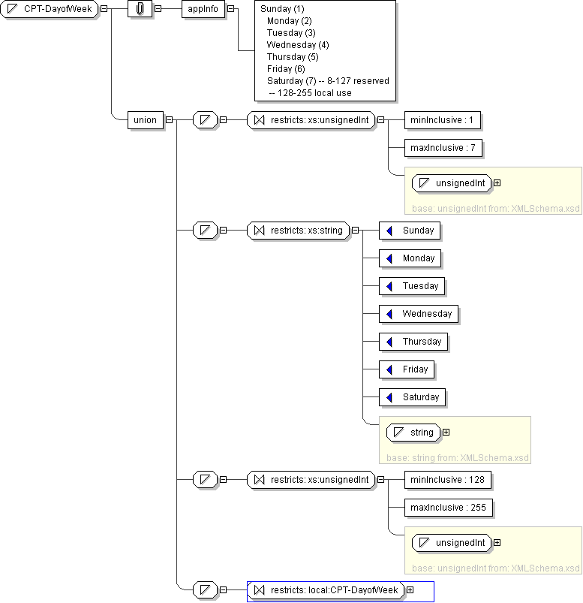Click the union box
coord(146,119)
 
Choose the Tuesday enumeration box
coord(412,286)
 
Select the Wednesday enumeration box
coord(419,314)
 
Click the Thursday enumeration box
coord(413,342)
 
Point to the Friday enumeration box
coord(407,369)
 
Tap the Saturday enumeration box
coord(412,397)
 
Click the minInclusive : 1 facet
coord(443,119)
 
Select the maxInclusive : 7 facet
coord(443,148)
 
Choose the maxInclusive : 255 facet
coord(448,508)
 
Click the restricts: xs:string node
coord(298,231)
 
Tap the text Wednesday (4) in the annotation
coord(298,45)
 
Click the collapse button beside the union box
coord(169,119)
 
